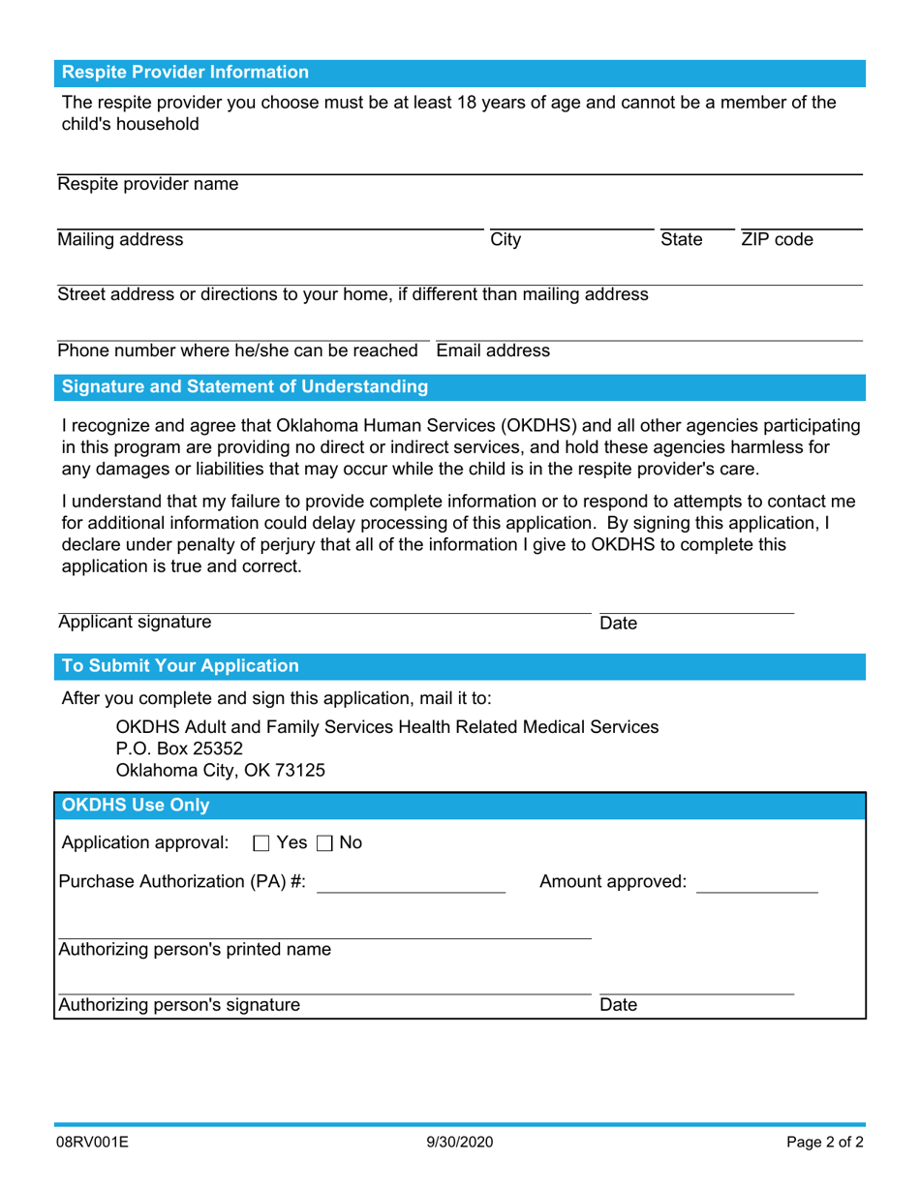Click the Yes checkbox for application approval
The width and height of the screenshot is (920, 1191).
coord(261,843)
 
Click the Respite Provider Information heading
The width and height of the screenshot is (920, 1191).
coord(185,73)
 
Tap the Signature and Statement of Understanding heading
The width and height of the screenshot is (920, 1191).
coord(245,387)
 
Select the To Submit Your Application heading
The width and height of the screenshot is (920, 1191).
coord(180,666)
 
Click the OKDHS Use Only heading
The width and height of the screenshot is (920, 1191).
coord(136,805)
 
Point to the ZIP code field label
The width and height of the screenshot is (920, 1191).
coord(777,240)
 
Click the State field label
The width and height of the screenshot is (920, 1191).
coord(681,240)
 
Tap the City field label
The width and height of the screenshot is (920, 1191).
coord(506,240)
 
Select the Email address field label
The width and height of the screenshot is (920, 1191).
coord(493,351)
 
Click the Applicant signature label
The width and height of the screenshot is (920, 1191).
coord(134,623)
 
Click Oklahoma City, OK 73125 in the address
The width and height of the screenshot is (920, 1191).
coord(221,771)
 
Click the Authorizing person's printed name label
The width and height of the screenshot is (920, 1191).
coord(195,949)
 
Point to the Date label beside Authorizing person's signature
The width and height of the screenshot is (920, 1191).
coord(619,1005)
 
